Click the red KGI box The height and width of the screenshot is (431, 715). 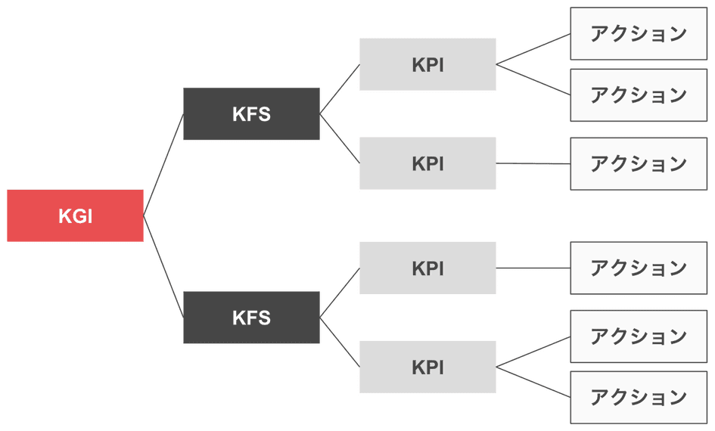(75, 215)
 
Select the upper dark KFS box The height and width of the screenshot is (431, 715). (251, 113)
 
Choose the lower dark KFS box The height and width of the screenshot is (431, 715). (251, 318)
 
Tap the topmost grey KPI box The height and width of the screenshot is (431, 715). (427, 64)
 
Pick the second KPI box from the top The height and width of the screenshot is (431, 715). (427, 163)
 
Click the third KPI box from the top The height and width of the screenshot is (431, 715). (427, 268)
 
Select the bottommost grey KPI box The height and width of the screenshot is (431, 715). (427, 367)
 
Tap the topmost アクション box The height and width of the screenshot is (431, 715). (639, 33)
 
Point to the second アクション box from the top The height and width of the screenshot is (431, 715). (639, 95)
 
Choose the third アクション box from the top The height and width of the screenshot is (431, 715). (639, 163)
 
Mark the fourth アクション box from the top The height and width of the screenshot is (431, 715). (639, 268)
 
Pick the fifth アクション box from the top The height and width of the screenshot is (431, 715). (639, 336)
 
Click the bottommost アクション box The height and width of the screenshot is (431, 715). (639, 397)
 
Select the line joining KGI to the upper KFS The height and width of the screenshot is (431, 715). (163, 165)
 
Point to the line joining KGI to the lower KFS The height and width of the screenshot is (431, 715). (163, 266)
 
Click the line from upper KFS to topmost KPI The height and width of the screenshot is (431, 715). (340, 89)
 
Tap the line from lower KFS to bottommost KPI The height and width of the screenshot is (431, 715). (340, 342)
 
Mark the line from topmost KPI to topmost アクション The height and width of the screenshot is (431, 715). (533, 49)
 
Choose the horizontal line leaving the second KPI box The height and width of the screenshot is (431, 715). (533, 163)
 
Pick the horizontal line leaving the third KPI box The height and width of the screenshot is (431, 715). (533, 268)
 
